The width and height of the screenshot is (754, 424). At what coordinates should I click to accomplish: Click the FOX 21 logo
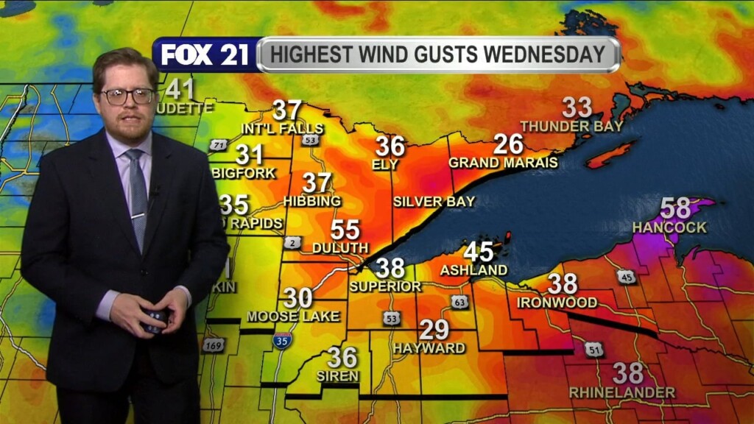(x=205, y=55)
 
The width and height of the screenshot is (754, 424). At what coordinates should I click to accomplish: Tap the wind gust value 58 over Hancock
(x=675, y=208)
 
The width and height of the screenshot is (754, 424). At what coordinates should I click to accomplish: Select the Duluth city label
(x=340, y=248)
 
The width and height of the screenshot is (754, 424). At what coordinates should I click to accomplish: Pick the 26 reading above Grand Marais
(x=508, y=144)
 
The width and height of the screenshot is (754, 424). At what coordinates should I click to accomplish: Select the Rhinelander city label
(x=622, y=392)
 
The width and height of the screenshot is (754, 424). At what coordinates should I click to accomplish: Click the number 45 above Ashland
(x=478, y=252)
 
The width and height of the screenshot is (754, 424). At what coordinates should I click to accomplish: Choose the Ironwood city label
(x=557, y=302)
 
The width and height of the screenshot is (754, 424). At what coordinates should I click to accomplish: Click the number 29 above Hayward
(x=434, y=330)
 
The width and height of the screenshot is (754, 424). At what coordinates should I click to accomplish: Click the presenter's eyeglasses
(x=127, y=96)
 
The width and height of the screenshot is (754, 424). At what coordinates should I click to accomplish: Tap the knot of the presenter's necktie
(x=134, y=156)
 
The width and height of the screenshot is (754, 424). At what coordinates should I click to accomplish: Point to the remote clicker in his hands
(x=155, y=320)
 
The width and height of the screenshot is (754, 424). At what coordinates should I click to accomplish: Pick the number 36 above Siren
(x=342, y=358)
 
